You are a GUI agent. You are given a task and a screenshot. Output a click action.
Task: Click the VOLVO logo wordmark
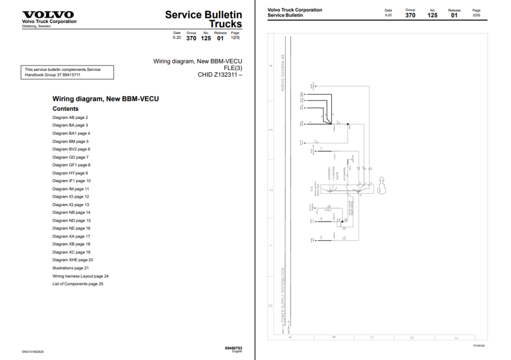(x=48, y=15)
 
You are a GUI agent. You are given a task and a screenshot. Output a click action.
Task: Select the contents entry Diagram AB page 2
(x=70, y=117)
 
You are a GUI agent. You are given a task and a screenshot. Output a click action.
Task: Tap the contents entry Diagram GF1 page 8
(x=71, y=165)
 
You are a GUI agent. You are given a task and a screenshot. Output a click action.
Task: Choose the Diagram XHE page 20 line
(x=73, y=260)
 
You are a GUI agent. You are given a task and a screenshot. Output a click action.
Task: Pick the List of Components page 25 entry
(x=78, y=284)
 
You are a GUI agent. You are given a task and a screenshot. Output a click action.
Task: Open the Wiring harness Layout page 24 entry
(x=80, y=276)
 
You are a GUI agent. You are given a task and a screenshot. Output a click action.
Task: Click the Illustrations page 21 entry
(x=70, y=268)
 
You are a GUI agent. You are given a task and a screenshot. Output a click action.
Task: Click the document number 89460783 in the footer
(x=234, y=348)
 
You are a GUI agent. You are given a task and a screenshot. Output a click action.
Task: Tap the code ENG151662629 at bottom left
(x=33, y=352)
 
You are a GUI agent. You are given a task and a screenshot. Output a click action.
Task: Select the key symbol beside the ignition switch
(x=384, y=184)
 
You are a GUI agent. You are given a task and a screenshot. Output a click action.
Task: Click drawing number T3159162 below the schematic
(x=479, y=345)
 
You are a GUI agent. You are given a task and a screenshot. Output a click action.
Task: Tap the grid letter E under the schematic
(x=457, y=338)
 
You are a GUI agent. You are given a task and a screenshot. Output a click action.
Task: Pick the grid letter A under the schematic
(x=290, y=338)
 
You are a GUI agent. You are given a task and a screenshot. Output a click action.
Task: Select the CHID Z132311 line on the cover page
(x=220, y=75)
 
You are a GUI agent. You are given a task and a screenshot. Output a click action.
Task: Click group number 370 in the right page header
(x=410, y=15)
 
